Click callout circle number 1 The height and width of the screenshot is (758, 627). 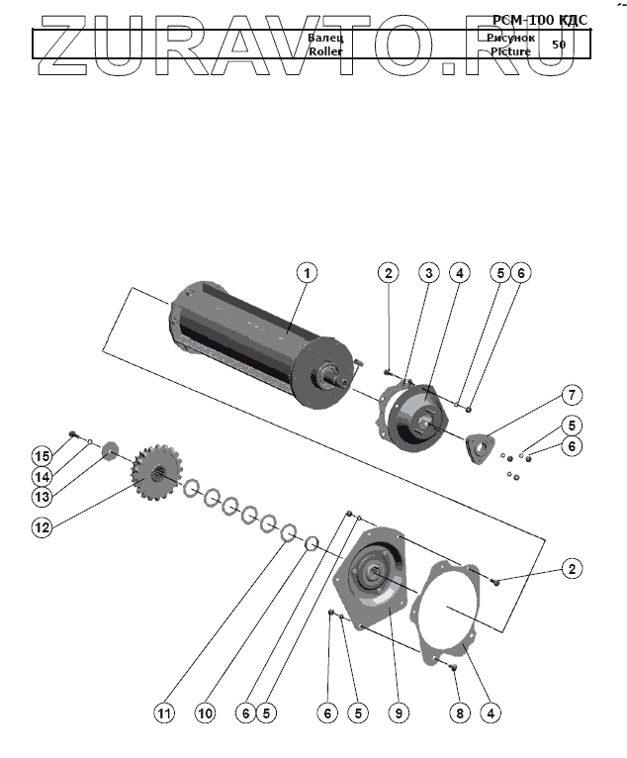point(308,272)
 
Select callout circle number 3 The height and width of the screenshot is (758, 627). point(428,272)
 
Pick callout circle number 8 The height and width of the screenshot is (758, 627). point(457,711)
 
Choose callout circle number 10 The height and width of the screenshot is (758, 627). point(205,711)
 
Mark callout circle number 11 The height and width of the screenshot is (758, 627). point(164,711)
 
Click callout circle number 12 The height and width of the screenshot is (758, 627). point(41,527)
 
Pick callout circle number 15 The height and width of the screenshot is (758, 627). point(41,455)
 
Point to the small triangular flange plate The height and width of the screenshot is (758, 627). point(482,445)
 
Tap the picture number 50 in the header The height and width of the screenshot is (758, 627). point(559,45)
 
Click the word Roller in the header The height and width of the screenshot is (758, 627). point(324,51)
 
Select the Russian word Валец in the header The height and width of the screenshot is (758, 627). point(324,38)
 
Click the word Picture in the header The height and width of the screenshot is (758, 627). point(510,51)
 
